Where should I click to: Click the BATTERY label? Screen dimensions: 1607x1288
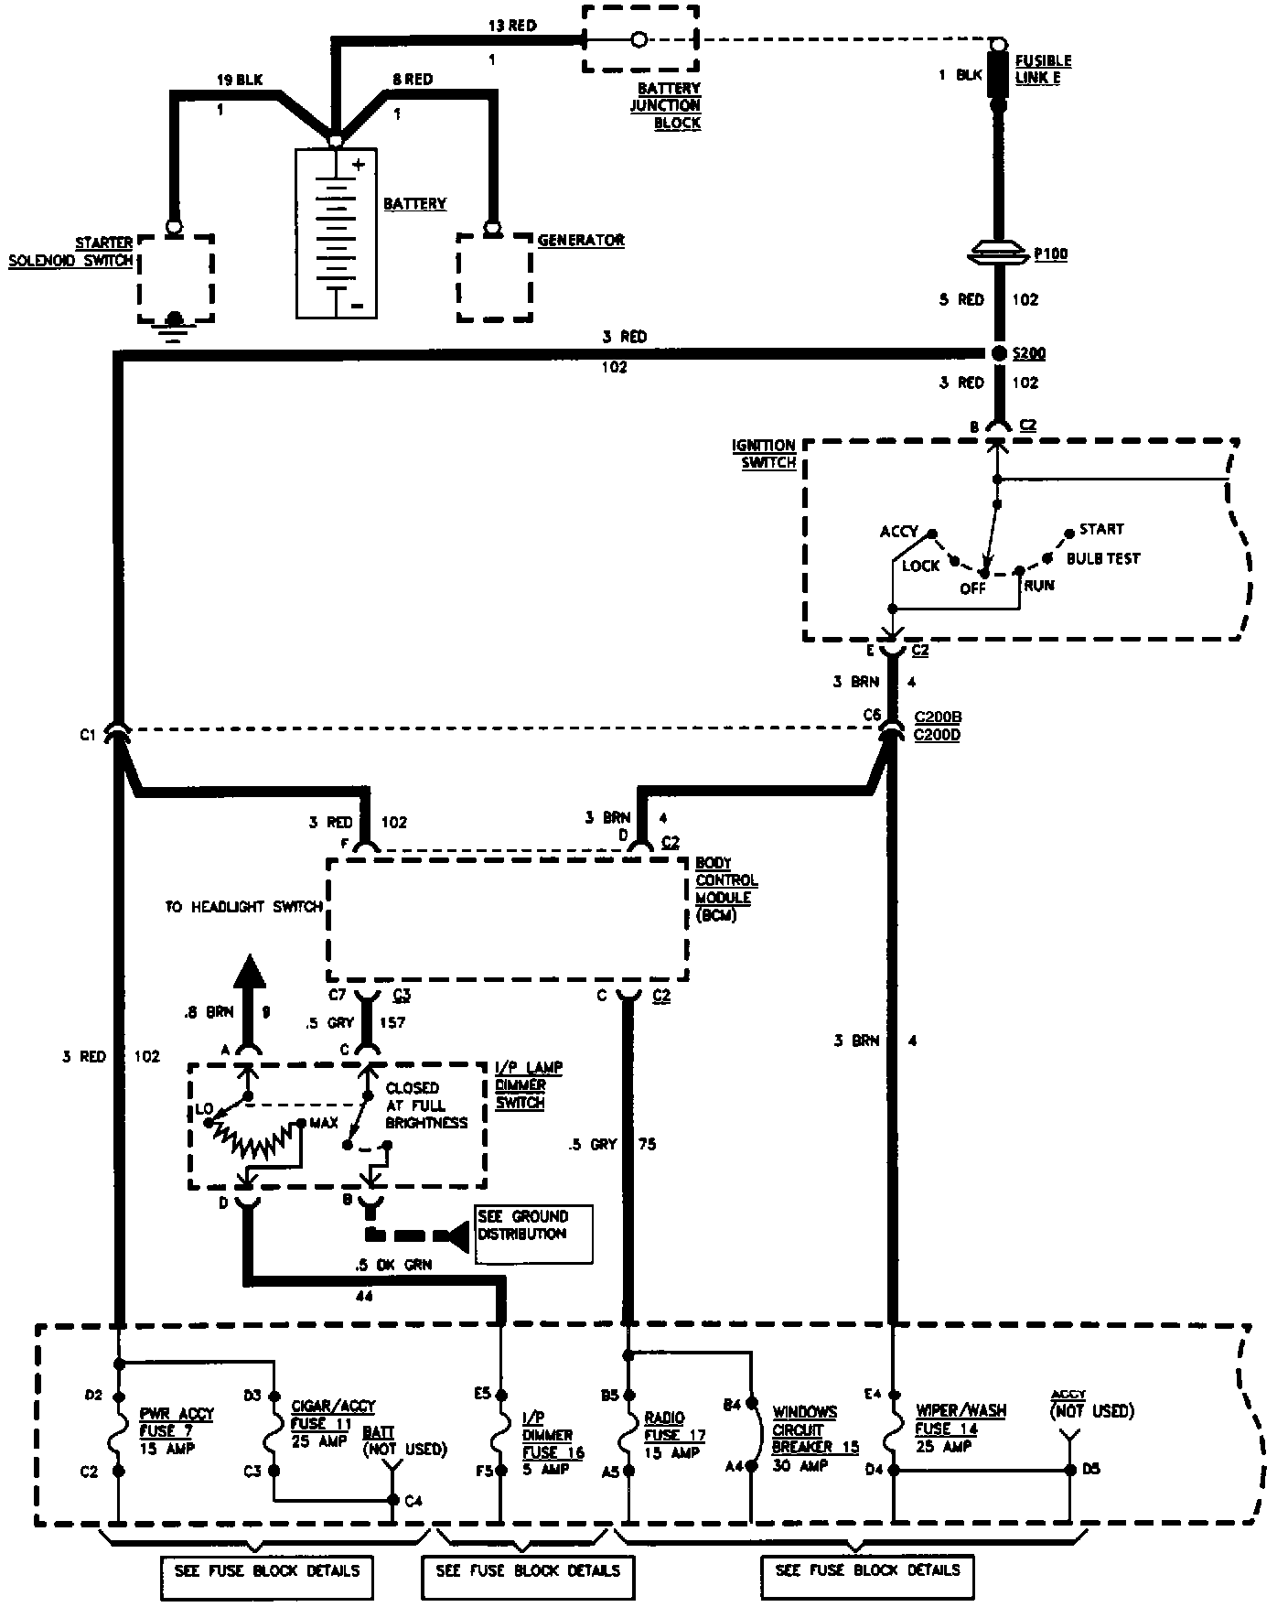tap(414, 203)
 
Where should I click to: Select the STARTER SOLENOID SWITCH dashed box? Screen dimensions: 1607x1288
tap(177, 278)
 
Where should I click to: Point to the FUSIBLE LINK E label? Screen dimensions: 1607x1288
tap(1043, 70)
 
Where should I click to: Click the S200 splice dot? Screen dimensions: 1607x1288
tap(997, 353)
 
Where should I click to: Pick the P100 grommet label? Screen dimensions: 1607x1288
tap(1051, 254)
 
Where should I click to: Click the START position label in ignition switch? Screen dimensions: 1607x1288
tap(1101, 529)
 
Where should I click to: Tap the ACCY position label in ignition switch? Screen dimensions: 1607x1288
tap(898, 532)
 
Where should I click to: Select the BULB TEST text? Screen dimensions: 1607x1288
tap(1103, 558)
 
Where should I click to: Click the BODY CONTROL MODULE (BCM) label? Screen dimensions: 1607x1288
tap(726, 889)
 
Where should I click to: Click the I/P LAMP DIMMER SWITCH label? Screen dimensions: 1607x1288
tap(529, 1084)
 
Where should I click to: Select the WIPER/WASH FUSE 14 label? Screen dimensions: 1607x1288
tap(961, 1427)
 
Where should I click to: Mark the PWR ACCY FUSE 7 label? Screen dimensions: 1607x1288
tap(177, 1430)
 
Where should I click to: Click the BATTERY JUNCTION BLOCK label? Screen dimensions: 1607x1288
tap(665, 105)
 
